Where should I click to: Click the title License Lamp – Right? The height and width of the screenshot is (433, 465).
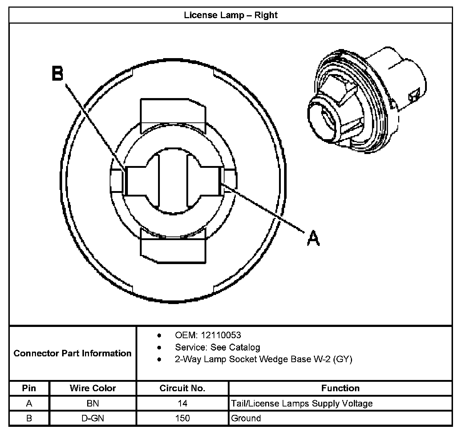pos(231,15)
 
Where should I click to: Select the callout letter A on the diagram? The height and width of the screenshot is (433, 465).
pos(313,238)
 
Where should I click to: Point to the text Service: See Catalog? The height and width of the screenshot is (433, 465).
pos(217,347)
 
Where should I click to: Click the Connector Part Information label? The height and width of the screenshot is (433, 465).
pos(72,353)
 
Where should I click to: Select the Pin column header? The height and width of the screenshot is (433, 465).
pos(29,388)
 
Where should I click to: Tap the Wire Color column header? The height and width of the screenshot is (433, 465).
pos(93,388)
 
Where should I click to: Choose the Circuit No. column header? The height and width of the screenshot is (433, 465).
pos(182,388)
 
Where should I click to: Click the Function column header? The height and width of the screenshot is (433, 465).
pos(340,388)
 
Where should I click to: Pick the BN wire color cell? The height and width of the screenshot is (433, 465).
pos(93,403)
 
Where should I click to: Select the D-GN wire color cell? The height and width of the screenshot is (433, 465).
pos(93,418)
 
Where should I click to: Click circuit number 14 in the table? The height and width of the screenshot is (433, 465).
pos(182,403)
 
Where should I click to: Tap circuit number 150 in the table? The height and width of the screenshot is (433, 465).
pos(182,418)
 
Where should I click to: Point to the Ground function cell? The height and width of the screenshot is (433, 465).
pos(246,418)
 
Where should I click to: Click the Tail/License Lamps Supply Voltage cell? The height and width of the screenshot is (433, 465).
pos(302,403)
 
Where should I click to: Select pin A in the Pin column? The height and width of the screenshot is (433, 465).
pos(29,403)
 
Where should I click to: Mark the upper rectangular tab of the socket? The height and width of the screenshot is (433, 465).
pos(173,110)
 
